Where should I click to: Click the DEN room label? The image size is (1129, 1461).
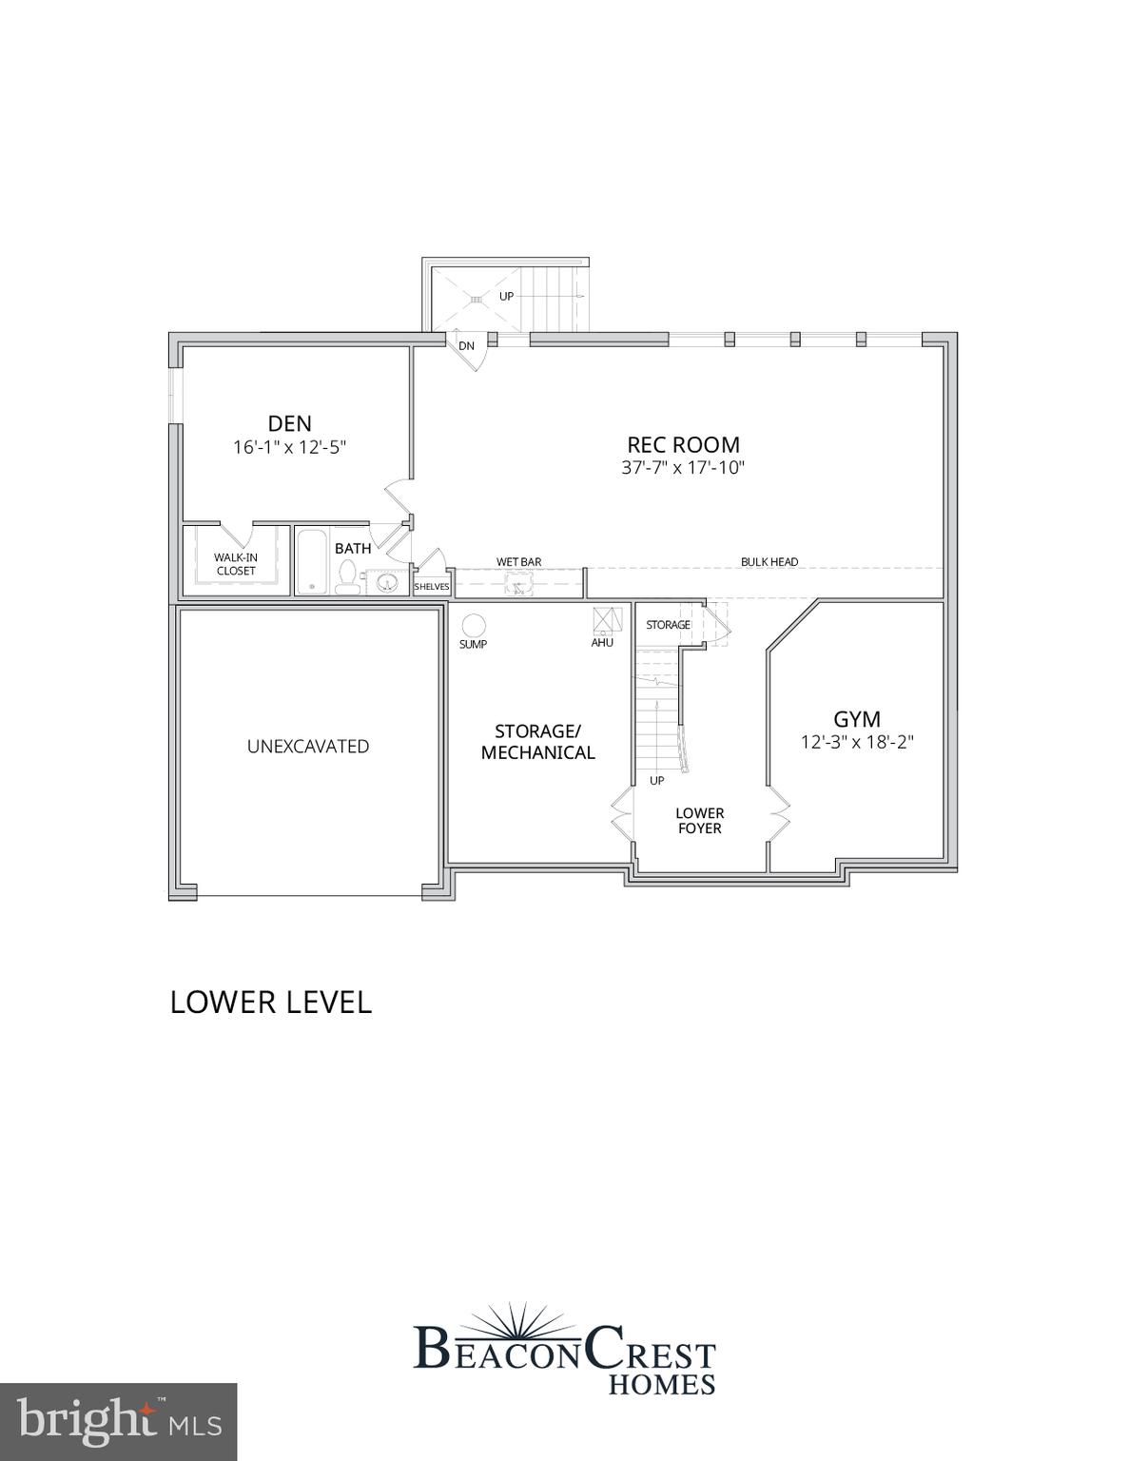[289, 423]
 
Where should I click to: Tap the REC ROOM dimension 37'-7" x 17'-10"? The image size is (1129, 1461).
[683, 468]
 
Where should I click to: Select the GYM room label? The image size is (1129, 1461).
[856, 719]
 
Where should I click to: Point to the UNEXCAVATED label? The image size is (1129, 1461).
[308, 747]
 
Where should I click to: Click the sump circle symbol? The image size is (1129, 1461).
[473, 625]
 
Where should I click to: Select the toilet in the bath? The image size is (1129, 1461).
[348, 578]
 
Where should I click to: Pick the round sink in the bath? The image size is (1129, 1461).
[386, 582]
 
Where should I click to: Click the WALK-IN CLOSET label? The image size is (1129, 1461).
[235, 564]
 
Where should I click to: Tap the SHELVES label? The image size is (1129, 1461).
[431, 587]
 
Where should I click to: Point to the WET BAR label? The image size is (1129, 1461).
[518, 562]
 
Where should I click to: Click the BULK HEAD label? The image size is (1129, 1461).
[769, 562]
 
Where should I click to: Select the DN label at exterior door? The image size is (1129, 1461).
[466, 346]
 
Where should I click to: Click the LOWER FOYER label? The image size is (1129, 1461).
[699, 821]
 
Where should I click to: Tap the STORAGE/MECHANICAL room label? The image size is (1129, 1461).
[537, 742]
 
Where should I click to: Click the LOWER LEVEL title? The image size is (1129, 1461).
[270, 1003]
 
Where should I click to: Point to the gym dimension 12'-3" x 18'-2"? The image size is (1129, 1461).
[856, 743]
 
